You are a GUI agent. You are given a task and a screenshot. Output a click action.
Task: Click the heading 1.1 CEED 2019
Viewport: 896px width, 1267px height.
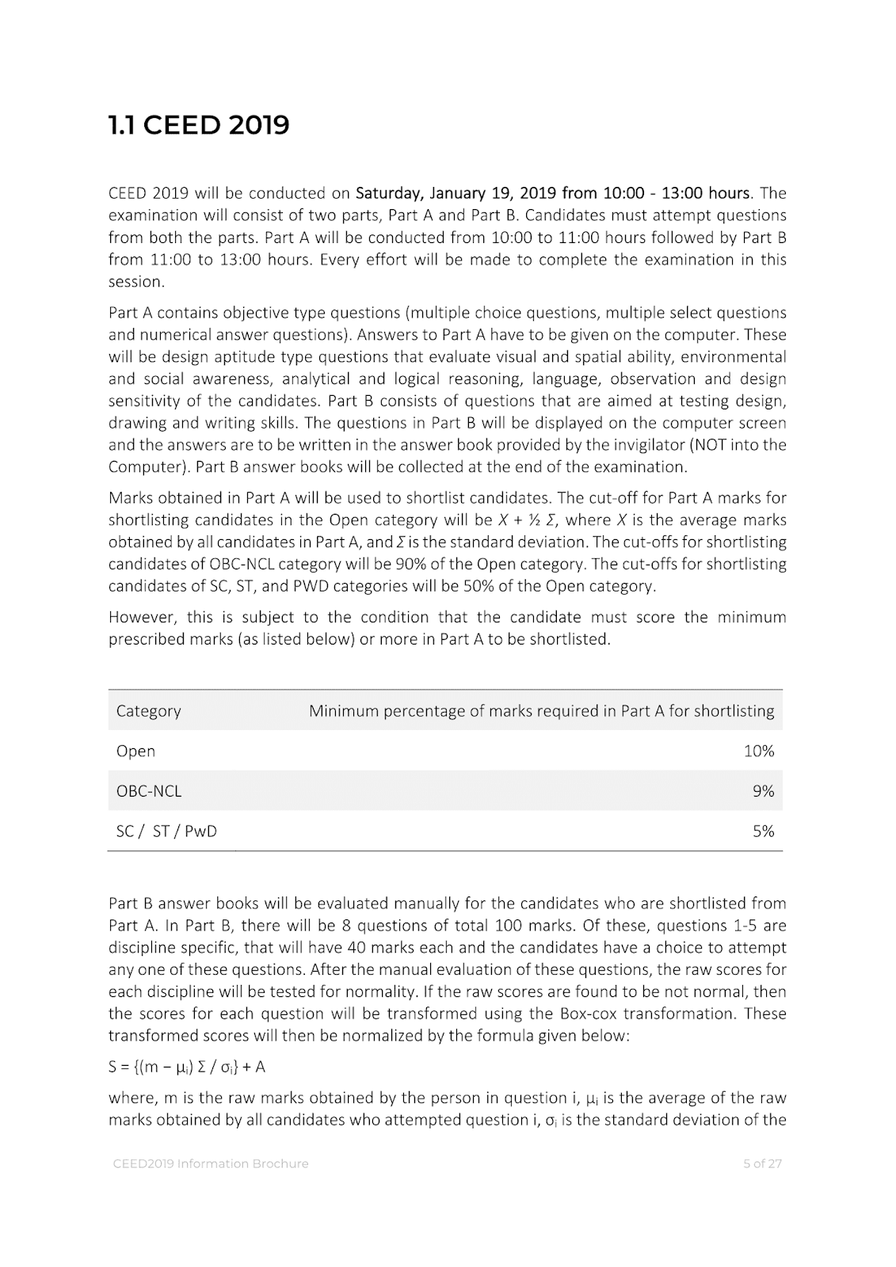tap(199, 125)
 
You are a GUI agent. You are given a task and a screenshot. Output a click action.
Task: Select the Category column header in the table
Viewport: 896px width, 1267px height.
tap(148, 711)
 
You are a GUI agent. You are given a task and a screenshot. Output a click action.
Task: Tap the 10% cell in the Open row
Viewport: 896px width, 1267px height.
tap(758, 751)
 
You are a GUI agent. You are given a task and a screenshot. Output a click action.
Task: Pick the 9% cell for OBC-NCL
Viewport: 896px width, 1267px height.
tap(763, 791)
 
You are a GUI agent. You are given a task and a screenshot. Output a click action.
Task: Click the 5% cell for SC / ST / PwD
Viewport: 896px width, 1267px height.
tap(763, 831)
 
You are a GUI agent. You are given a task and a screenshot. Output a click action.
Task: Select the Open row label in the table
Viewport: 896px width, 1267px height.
tap(135, 751)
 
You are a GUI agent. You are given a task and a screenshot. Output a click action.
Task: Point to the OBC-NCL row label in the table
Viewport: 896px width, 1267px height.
tap(149, 791)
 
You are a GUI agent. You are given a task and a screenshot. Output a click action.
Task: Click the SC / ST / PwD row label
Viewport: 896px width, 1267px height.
tap(166, 831)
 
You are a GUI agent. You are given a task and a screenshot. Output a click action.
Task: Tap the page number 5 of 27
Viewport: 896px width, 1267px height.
tap(761, 1163)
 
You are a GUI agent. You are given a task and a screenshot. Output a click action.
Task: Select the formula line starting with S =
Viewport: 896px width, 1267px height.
tap(187, 1067)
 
